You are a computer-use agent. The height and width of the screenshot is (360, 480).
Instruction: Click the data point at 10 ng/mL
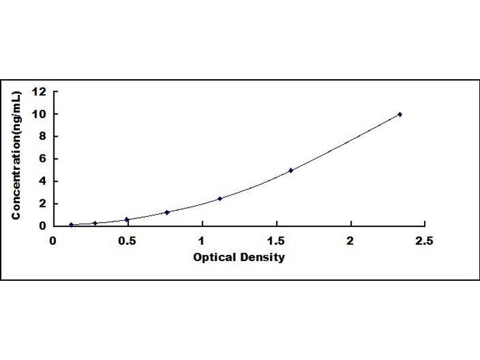(400, 114)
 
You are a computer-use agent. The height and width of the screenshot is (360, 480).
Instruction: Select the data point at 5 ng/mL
(291, 170)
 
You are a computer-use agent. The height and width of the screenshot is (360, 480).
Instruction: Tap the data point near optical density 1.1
(220, 199)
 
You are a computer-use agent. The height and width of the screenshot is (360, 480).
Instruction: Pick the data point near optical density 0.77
(167, 212)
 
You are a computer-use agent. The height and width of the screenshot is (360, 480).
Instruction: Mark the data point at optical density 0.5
(127, 220)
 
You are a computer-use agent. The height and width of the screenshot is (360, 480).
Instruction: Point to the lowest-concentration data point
(71, 225)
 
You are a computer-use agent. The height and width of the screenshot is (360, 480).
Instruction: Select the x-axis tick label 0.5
(127, 241)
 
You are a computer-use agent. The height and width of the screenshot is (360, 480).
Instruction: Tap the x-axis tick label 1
(202, 241)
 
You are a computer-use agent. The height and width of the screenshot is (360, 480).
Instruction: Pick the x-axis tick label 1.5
(276, 241)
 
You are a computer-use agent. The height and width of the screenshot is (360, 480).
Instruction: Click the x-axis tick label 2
(350, 241)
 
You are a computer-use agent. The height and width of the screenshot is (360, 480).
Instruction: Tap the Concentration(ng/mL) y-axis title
(17, 155)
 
